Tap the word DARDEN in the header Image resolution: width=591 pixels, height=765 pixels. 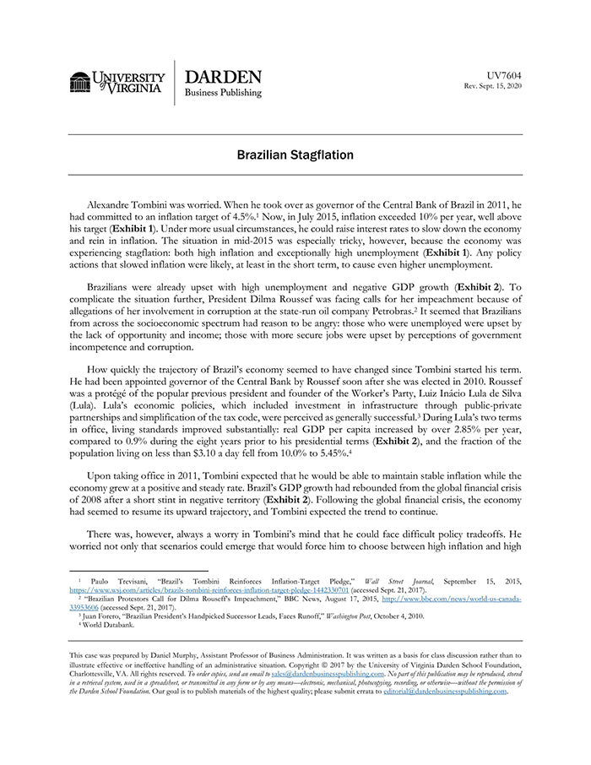click(x=223, y=76)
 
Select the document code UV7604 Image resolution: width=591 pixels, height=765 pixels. click(x=505, y=76)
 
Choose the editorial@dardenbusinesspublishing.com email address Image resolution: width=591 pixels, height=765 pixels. click(x=445, y=691)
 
